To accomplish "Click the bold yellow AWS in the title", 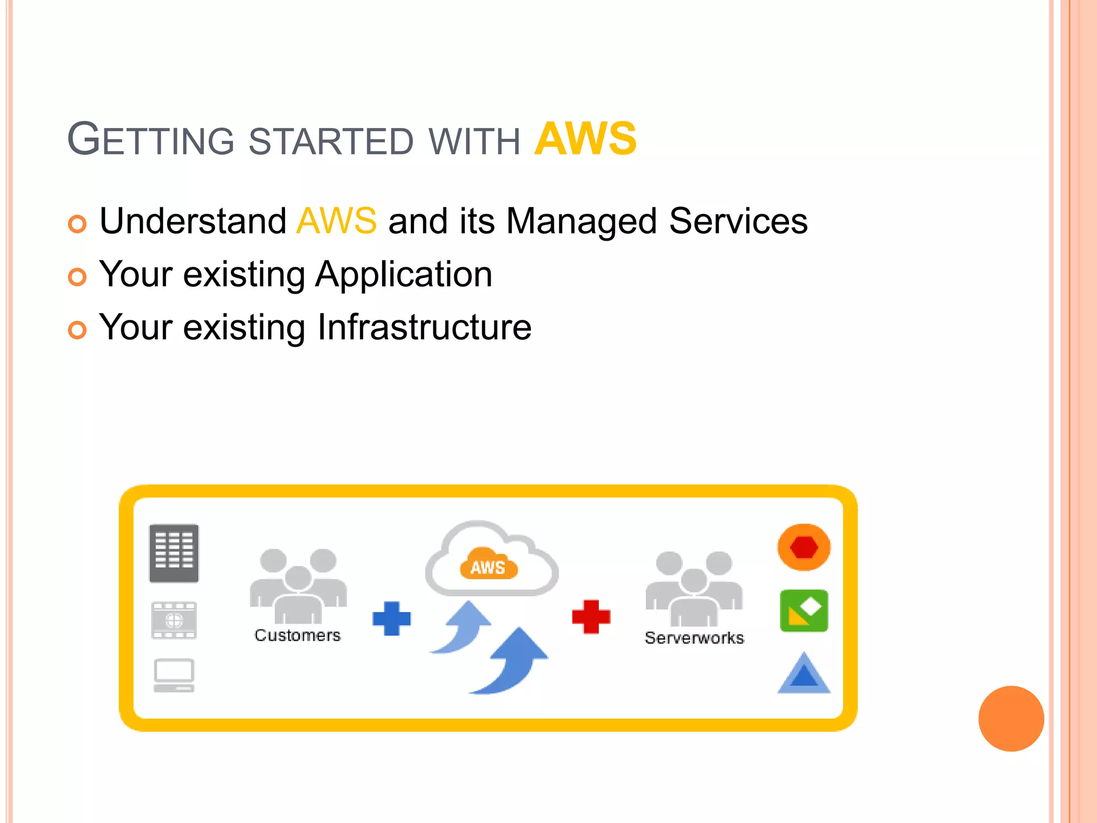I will click(585, 139).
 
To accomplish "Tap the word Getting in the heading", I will click(151, 140).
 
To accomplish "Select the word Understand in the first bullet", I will click(193, 221).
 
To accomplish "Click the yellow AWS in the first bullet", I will click(336, 221).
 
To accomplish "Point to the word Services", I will click(738, 221).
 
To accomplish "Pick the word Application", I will click(403, 274).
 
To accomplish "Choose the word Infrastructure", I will click(424, 327).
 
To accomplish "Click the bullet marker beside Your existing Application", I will click(77, 277).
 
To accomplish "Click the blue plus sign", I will click(392, 618).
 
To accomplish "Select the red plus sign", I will click(591, 617).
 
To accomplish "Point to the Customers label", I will click(297, 635).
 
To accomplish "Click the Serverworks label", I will click(694, 638).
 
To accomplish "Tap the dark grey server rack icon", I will click(174, 553).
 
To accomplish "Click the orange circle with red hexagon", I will click(803, 547).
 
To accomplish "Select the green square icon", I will click(803, 611).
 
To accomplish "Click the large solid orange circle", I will click(1011, 719).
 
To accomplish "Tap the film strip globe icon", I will click(174, 620).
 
